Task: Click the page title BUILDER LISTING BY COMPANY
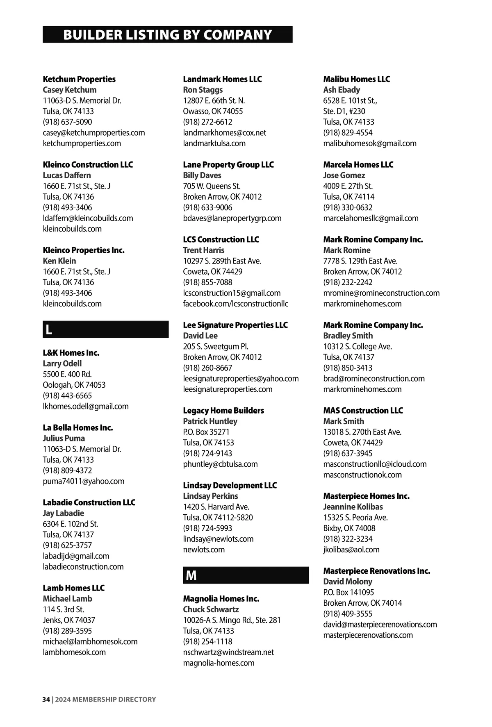click(167, 35)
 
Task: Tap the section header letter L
click(49, 329)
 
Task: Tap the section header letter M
click(191, 575)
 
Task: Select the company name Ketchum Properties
click(79, 79)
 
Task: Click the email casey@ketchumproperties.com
click(94, 133)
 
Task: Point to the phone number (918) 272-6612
click(207, 122)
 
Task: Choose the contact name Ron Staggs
click(203, 90)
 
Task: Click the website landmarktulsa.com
click(214, 143)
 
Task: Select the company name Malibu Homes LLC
click(356, 79)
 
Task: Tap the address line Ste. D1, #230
click(344, 111)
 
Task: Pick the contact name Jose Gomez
click(344, 175)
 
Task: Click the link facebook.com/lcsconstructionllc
click(235, 304)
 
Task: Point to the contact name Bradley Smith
click(348, 336)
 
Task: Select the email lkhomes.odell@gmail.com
click(86, 407)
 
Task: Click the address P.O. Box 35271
click(206, 432)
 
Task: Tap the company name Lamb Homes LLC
click(74, 588)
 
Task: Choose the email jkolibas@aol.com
click(351, 550)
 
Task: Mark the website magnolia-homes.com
click(219, 663)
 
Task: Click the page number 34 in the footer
click(46, 700)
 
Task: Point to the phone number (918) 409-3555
click(348, 614)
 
